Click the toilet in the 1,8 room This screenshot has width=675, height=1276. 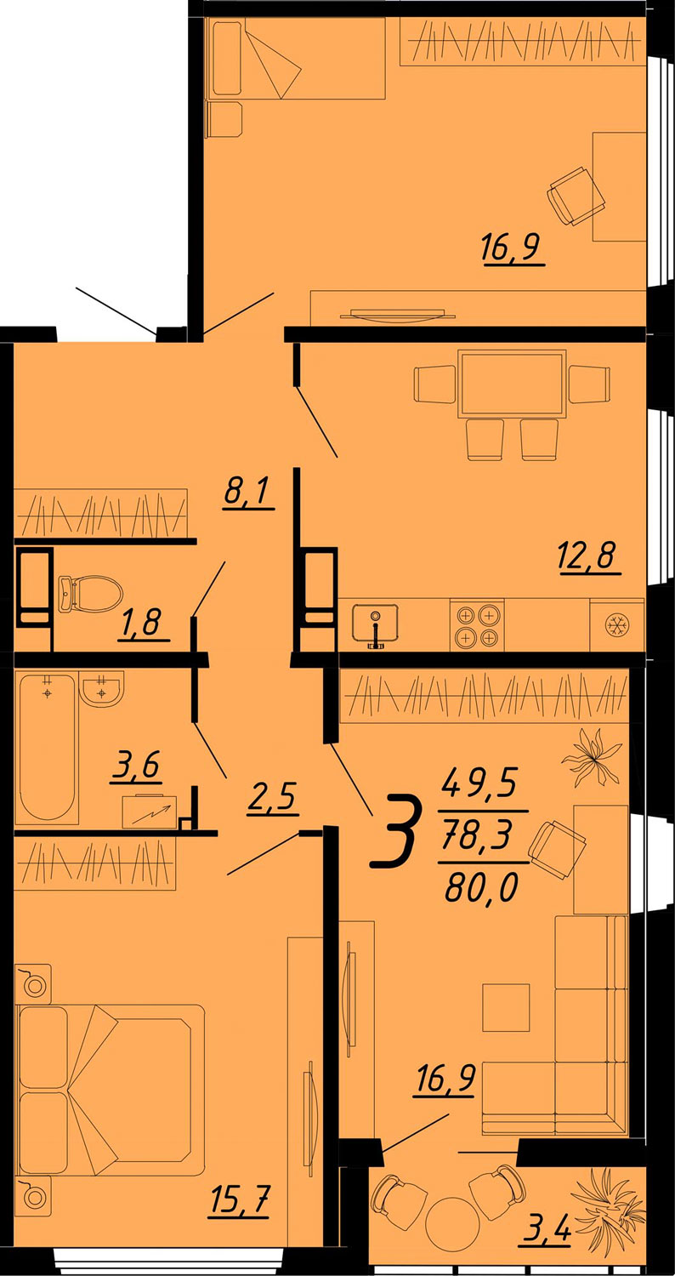(90, 593)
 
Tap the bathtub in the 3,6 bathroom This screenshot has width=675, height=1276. (47, 749)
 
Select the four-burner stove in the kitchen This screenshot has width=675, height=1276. (477, 625)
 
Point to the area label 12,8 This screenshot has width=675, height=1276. (590, 556)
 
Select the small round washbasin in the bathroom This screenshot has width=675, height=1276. (102, 689)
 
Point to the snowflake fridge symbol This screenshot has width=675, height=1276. (618, 625)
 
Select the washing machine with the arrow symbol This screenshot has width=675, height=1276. (150, 812)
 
